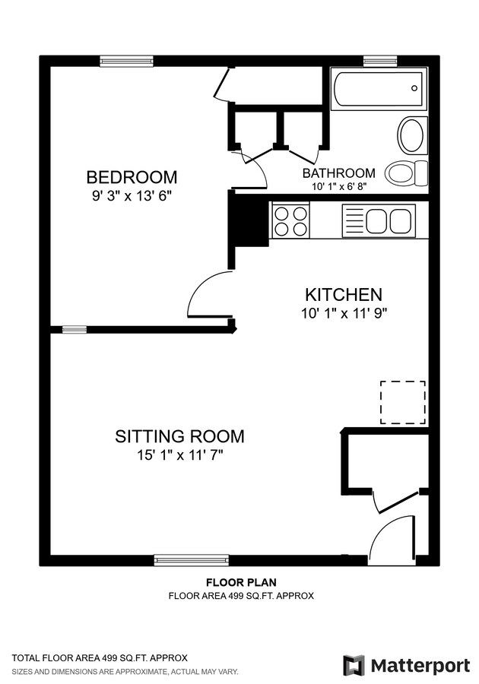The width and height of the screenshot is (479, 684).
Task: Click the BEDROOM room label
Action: pyautogui.click(x=132, y=178)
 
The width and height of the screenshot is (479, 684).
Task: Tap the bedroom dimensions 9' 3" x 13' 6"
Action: pyautogui.click(x=132, y=196)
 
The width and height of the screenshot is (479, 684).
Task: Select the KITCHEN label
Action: pyautogui.click(x=344, y=295)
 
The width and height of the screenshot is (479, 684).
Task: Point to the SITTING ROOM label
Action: pyautogui.click(x=179, y=436)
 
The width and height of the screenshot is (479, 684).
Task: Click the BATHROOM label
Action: pyautogui.click(x=339, y=173)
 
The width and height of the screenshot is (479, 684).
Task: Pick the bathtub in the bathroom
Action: pyautogui.click(x=378, y=89)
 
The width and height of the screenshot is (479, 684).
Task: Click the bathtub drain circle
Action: pyautogui.click(x=414, y=88)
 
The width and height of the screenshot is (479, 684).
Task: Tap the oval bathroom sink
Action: pyautogui.click(x=411, y=135)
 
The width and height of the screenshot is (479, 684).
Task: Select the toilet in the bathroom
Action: pyautogui.click(x=406, y=173)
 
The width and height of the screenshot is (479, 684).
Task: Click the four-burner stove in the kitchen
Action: pyautogui.click(x=290, y=220)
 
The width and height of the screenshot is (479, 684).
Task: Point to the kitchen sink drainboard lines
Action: pyautogui.click(x=354, y=220)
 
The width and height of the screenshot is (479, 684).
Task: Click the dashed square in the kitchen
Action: pyautogui.click(x=403, y=402)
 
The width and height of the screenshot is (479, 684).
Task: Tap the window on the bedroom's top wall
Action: pyautogui.click(x=126, y=62)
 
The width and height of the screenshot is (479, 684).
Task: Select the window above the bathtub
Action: pyautogui.click(x=380, y=61)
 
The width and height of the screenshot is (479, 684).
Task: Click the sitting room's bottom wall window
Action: pyautogui.click(x=192, y=560)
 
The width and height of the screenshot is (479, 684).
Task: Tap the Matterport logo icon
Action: pyautogui.click(x=354, y=666)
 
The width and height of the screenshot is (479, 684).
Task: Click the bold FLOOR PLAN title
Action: pyautogui.click(x=241, y=582)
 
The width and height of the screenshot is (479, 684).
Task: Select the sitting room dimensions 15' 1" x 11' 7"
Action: pyautogui.click(x=180, y=455)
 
